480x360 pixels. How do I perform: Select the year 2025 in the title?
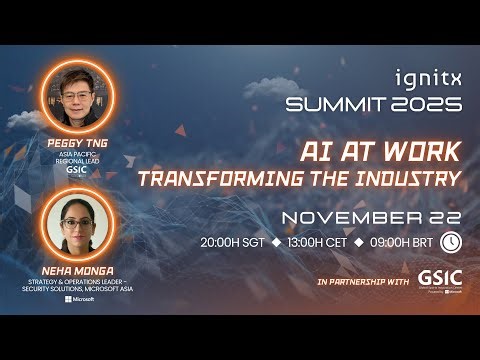pos(425,104)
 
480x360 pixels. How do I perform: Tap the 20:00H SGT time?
pos(233,243)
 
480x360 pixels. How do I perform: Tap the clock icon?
pos(450,242)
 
